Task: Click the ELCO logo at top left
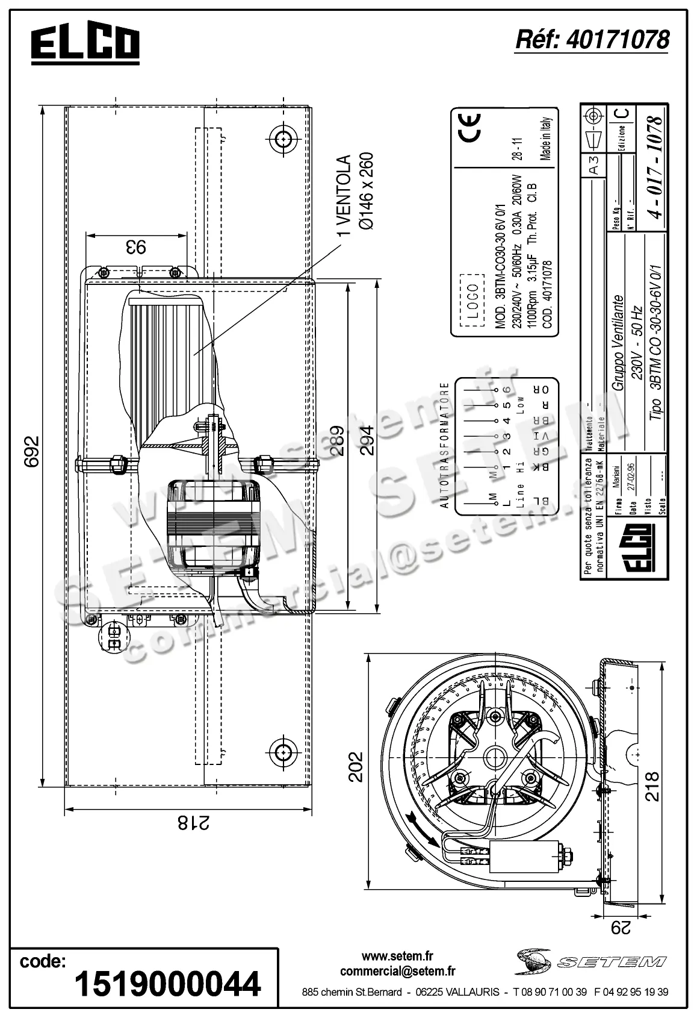coord(85,44)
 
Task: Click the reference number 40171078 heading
coord(592,40)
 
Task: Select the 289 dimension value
coord(337,442)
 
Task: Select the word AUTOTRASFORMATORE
coord(445,446)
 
